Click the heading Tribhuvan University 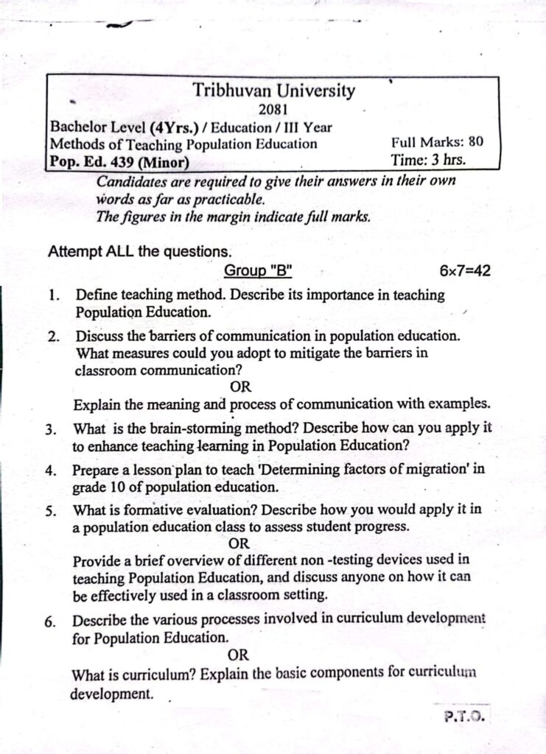click(274, 91)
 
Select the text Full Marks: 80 click(437, 143)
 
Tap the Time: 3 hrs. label click(428, 158)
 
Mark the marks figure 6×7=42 click(465, 271)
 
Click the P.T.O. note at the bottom click(465, 715)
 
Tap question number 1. click(54, 296)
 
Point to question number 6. click(49, 621)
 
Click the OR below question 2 click(241, 387)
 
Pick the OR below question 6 click(238, 655)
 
